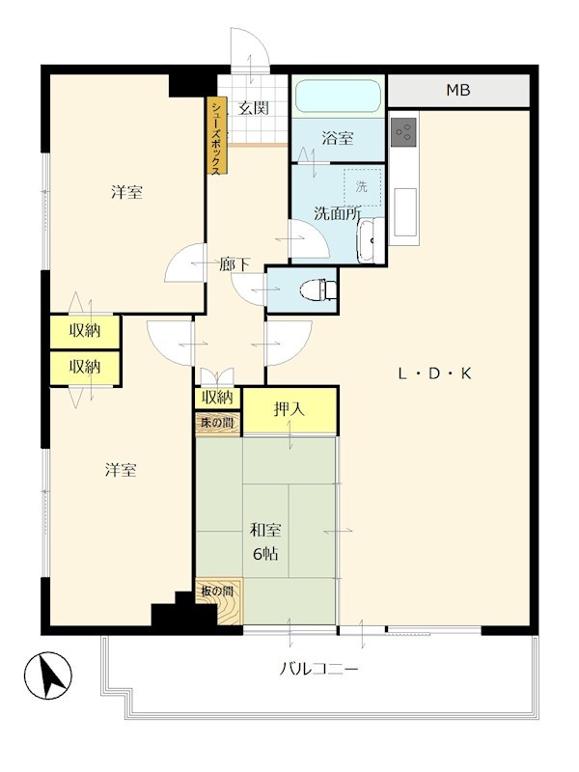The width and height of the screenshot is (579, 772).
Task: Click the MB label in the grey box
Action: pyautogui.click(x=457, y=90)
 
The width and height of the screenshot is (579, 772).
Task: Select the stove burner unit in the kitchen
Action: pyautogui.click(x=403, y=131)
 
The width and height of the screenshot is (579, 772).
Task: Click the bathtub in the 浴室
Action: pyautogui.click(x=339, y=96)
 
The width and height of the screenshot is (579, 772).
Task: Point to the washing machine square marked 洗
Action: pyautogui.click(x=363, y=187)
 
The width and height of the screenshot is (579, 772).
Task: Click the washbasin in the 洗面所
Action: pyautogui.click(x=370, y=241)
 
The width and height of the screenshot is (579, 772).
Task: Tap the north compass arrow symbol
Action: pyautogui.click(x=48, y=675)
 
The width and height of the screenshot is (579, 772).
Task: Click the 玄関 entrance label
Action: pyautogui.click(x=254, y=108)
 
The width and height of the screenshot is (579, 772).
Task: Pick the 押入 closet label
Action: pyautogui.click(x=289, y=409)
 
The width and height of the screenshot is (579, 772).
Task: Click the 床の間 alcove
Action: pyautogui.click(x=218, y=423)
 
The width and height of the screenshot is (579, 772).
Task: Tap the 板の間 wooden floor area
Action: pyautogui.click(x=219, y=600)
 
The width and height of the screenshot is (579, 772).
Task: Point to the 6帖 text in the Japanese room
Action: pyautogui.click(x=265, y=554)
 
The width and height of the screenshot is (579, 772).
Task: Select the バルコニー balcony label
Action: pyautogui.click(x=318, y=669)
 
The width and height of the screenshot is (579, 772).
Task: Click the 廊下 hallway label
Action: pyautogui.click(x=234, y=264)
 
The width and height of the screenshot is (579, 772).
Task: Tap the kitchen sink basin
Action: pyautogui.click(x=403, y=211)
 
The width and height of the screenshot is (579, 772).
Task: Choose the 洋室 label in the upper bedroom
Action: pyautogui.click(x=126, y=191)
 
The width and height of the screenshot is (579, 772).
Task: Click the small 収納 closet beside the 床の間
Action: pyautogui.click(x=218, y=398)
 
